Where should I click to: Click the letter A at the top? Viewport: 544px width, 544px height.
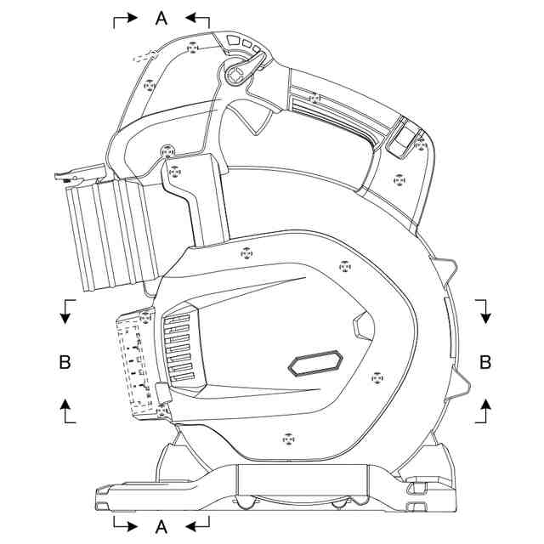(161, 18)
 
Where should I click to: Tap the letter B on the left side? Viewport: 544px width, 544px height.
(65, 362)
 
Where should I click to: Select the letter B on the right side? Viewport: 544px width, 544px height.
(485, 362)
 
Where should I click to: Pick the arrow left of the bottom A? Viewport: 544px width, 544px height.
(123, 522)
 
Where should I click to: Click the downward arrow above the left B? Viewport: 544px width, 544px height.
(65, 312)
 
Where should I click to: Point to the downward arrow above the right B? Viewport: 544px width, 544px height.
(485, 312)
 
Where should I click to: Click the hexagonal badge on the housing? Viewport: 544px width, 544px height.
(314, 364)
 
